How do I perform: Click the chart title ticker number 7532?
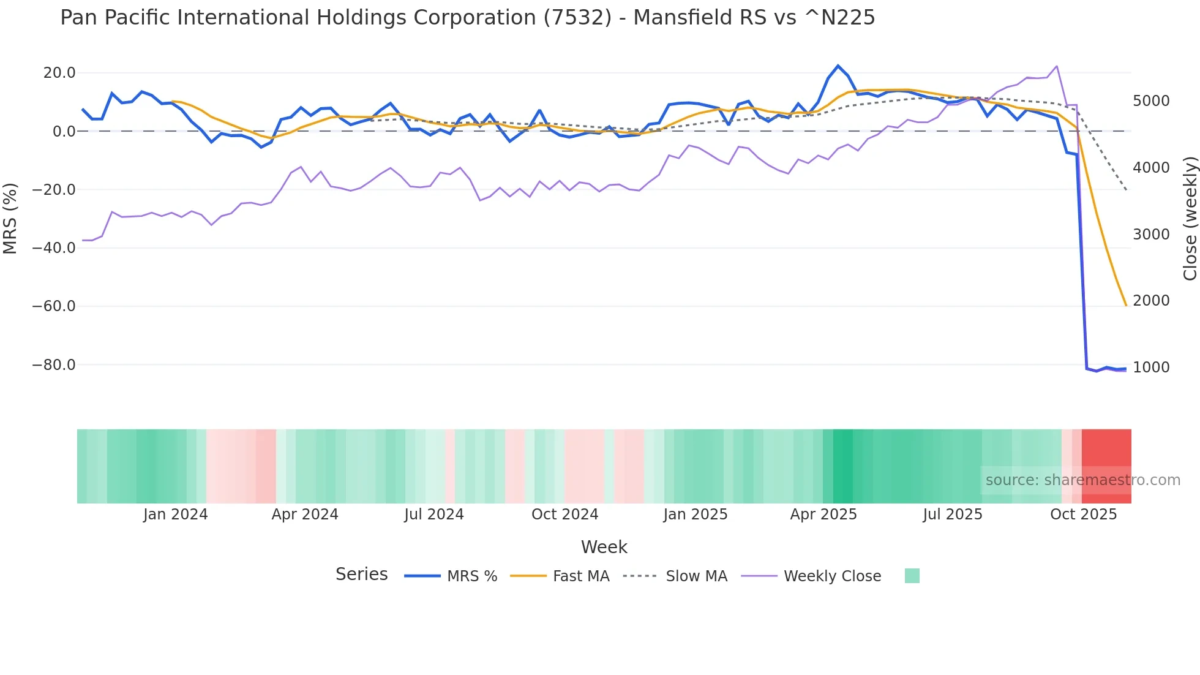point(577,18)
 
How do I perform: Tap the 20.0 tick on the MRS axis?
point(59,73)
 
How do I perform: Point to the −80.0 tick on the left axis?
point(54,365)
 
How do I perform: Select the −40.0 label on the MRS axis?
point(54,248)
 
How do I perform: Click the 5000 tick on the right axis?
point(1151,101)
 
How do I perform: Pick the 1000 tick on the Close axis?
point(1151,368)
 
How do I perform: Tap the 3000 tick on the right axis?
point(1151,235)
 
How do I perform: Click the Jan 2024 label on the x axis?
point(176,515)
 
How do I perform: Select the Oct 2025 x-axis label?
point(1084,515)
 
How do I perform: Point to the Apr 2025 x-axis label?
point(823,515)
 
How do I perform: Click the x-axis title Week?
point(604,547)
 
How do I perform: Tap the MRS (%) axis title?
point(10,219)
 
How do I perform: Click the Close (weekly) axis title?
point(1190,219)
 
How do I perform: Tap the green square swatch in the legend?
point(912,576)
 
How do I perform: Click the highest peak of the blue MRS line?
point(838,66)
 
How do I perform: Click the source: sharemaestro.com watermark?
point(1082,480)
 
